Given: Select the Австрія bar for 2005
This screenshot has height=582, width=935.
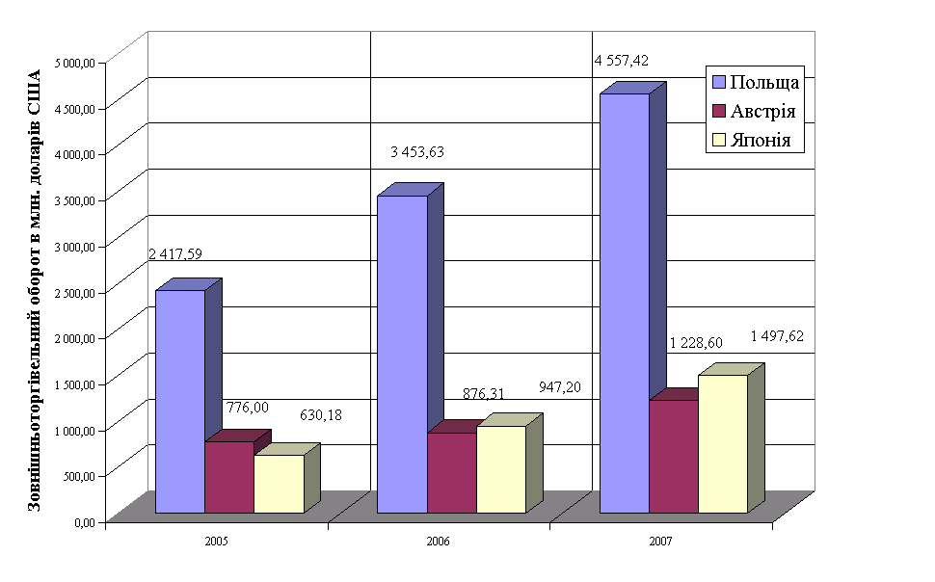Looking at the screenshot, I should click(x=229, y=477).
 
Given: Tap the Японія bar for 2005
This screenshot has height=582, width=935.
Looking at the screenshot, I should click(x=279, y=483).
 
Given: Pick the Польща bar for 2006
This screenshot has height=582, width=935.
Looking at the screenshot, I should click(x=402, y=354).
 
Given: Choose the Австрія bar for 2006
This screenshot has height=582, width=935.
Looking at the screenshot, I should click(x=451, y=472).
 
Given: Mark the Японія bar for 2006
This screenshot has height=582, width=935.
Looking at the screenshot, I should click(x=501, y=468).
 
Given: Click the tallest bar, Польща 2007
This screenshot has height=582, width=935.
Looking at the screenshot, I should click(x=625, y=303).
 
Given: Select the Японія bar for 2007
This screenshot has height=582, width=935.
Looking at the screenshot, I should click(x=723, y=443).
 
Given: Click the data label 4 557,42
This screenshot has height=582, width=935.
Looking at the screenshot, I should click(x=621, y=61).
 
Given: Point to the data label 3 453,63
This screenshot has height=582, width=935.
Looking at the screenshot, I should click(x=417, y=152).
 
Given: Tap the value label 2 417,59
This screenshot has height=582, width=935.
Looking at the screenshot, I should click(x=175, y=254).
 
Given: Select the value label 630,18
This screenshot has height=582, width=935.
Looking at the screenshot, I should click(x=321, y=415).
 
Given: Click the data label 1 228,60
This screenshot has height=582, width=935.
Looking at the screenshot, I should click(x=696, y=344).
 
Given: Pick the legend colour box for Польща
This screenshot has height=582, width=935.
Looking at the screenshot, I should click(x=717, y=81).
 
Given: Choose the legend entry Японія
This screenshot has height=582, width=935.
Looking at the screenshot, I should click(x=761, y=141).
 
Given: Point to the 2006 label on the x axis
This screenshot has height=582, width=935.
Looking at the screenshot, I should click(x=439, y=542).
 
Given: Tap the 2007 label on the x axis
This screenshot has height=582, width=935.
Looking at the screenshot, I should click(x=660, y=542).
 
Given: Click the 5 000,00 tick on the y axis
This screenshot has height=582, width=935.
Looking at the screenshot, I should click(x=76, y=63).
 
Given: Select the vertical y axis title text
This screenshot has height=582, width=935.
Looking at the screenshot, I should click(x=36, y=289).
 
